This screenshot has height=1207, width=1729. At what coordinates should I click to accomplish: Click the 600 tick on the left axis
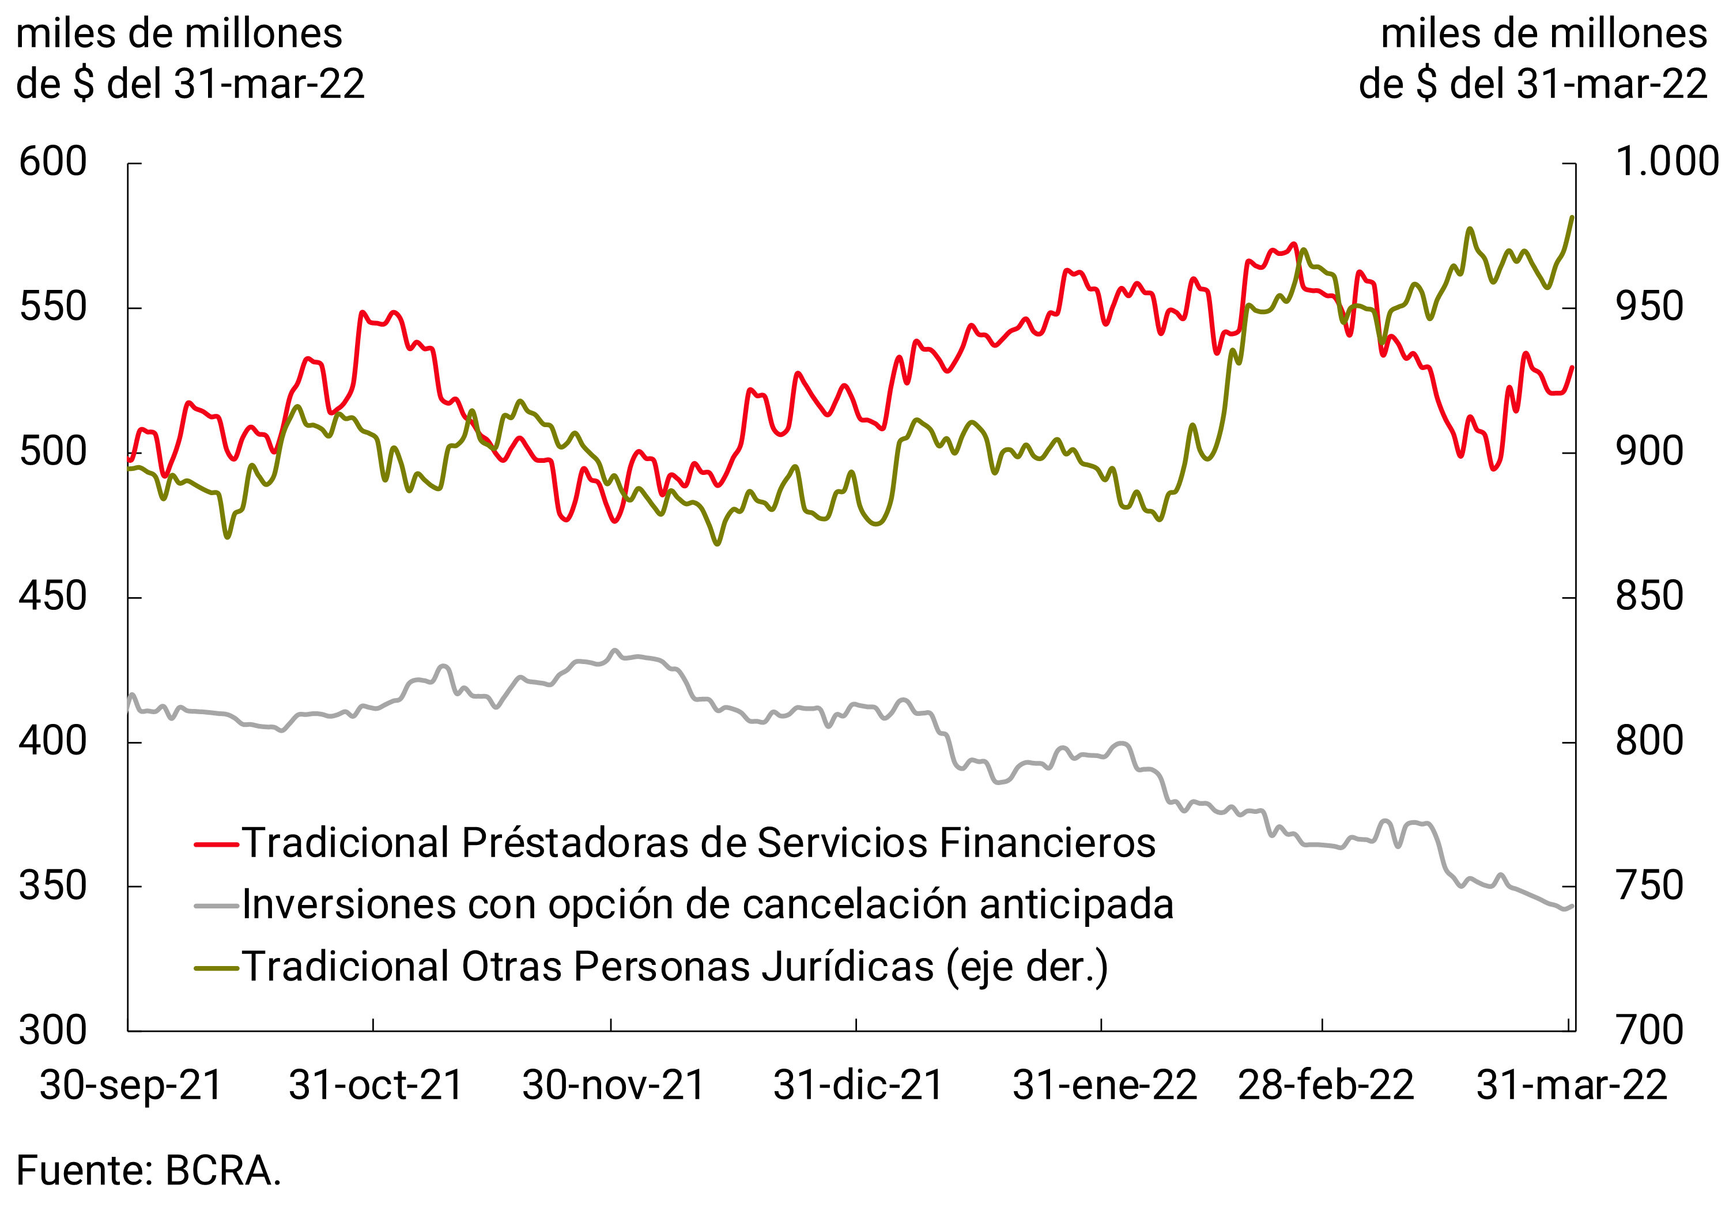(x=52, y=163)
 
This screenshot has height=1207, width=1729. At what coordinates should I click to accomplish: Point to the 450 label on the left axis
(x=52, y=597)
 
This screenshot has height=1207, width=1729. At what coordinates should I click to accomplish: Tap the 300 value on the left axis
(x=52, y=1031)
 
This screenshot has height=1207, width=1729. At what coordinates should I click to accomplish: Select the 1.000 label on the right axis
(x=1667, y=162)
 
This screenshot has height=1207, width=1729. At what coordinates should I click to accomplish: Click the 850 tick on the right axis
(x=1649, y=597)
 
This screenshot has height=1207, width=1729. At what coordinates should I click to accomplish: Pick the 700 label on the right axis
(x=1649, y=1031)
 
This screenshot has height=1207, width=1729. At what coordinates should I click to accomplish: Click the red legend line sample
(x=216, y=844)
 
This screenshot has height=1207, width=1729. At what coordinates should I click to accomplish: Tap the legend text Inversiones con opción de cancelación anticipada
(x=708, y=905)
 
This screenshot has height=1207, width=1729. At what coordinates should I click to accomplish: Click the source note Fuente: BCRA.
(x=148, y=1171)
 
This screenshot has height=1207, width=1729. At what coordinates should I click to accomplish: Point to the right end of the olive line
(x=1572, y=218)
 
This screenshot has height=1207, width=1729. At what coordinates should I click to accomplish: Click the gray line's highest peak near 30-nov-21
(x=614, y=651)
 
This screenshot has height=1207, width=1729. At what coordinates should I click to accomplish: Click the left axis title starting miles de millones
(x=190, y=59)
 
